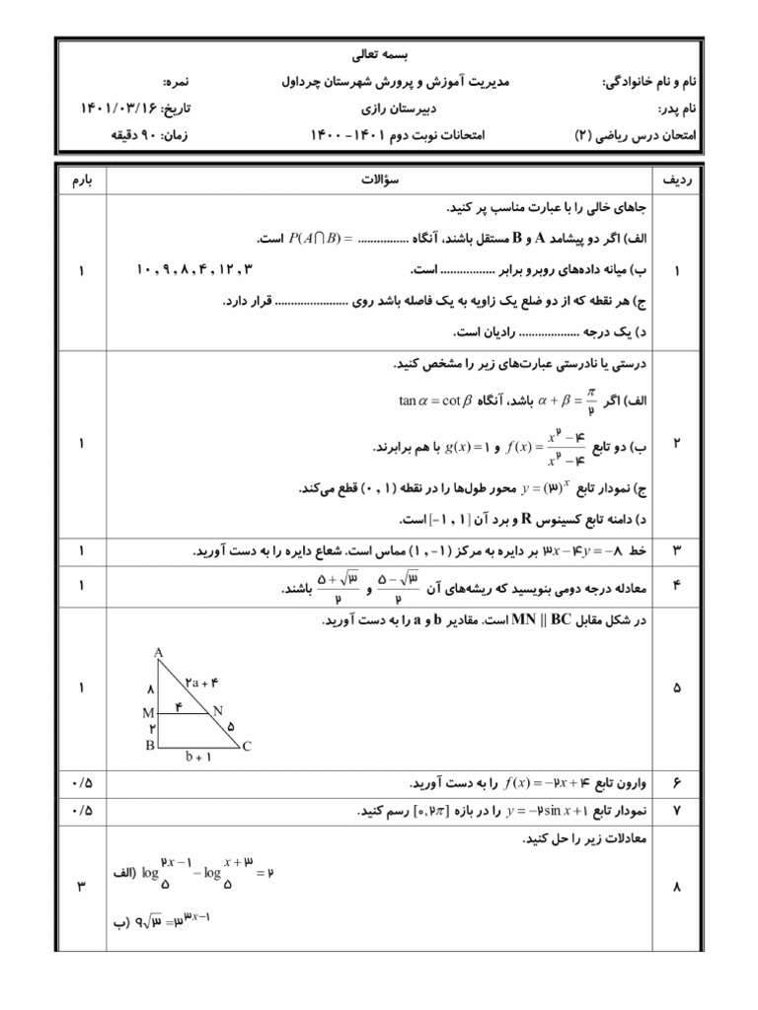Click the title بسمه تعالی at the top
tap(379, 56)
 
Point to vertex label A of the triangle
tap(158, 653)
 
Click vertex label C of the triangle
tap(246, 747)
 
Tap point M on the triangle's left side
tap(147, 711)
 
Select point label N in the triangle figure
tap(217, 710)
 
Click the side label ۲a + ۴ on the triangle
tap(200, 681)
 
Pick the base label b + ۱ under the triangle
tap(198, 758)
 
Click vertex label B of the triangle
tap(149, 746)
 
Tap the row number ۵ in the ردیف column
tap(678, 687)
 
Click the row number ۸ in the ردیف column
tap(678, 887)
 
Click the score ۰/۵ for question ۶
tap(80, 782)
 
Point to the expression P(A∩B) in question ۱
tap(314, 239)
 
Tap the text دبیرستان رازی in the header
tap(379, 107)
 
